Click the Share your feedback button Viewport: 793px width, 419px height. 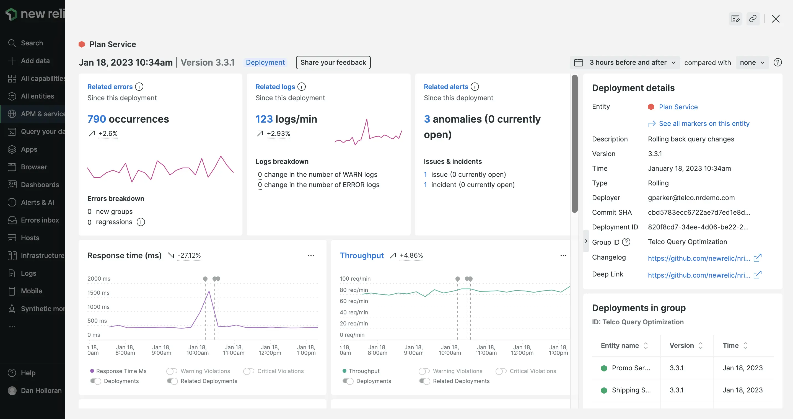tap(333, 63)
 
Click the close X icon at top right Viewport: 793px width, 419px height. tap(776, 19)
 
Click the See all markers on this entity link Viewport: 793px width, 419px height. tap(704, 123)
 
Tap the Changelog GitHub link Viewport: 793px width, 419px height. tap(699, 258)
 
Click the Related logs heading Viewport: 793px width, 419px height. tap(275, 87)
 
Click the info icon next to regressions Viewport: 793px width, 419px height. tap(141, 222)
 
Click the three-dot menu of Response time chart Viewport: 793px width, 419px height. tap(311, 255)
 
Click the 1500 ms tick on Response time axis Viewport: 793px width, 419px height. tap(98, 293)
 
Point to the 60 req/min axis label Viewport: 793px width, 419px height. tap(353, 301)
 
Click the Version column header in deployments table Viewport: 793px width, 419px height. tap(681, 345)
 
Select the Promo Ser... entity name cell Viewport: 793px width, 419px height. tap(631, 368)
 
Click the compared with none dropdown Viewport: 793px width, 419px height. tap(752, 63)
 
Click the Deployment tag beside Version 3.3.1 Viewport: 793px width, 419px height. tap(265, 63)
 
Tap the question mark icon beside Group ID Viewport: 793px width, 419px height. tap(626, 242)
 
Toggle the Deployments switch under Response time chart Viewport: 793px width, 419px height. tap(96, 381)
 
